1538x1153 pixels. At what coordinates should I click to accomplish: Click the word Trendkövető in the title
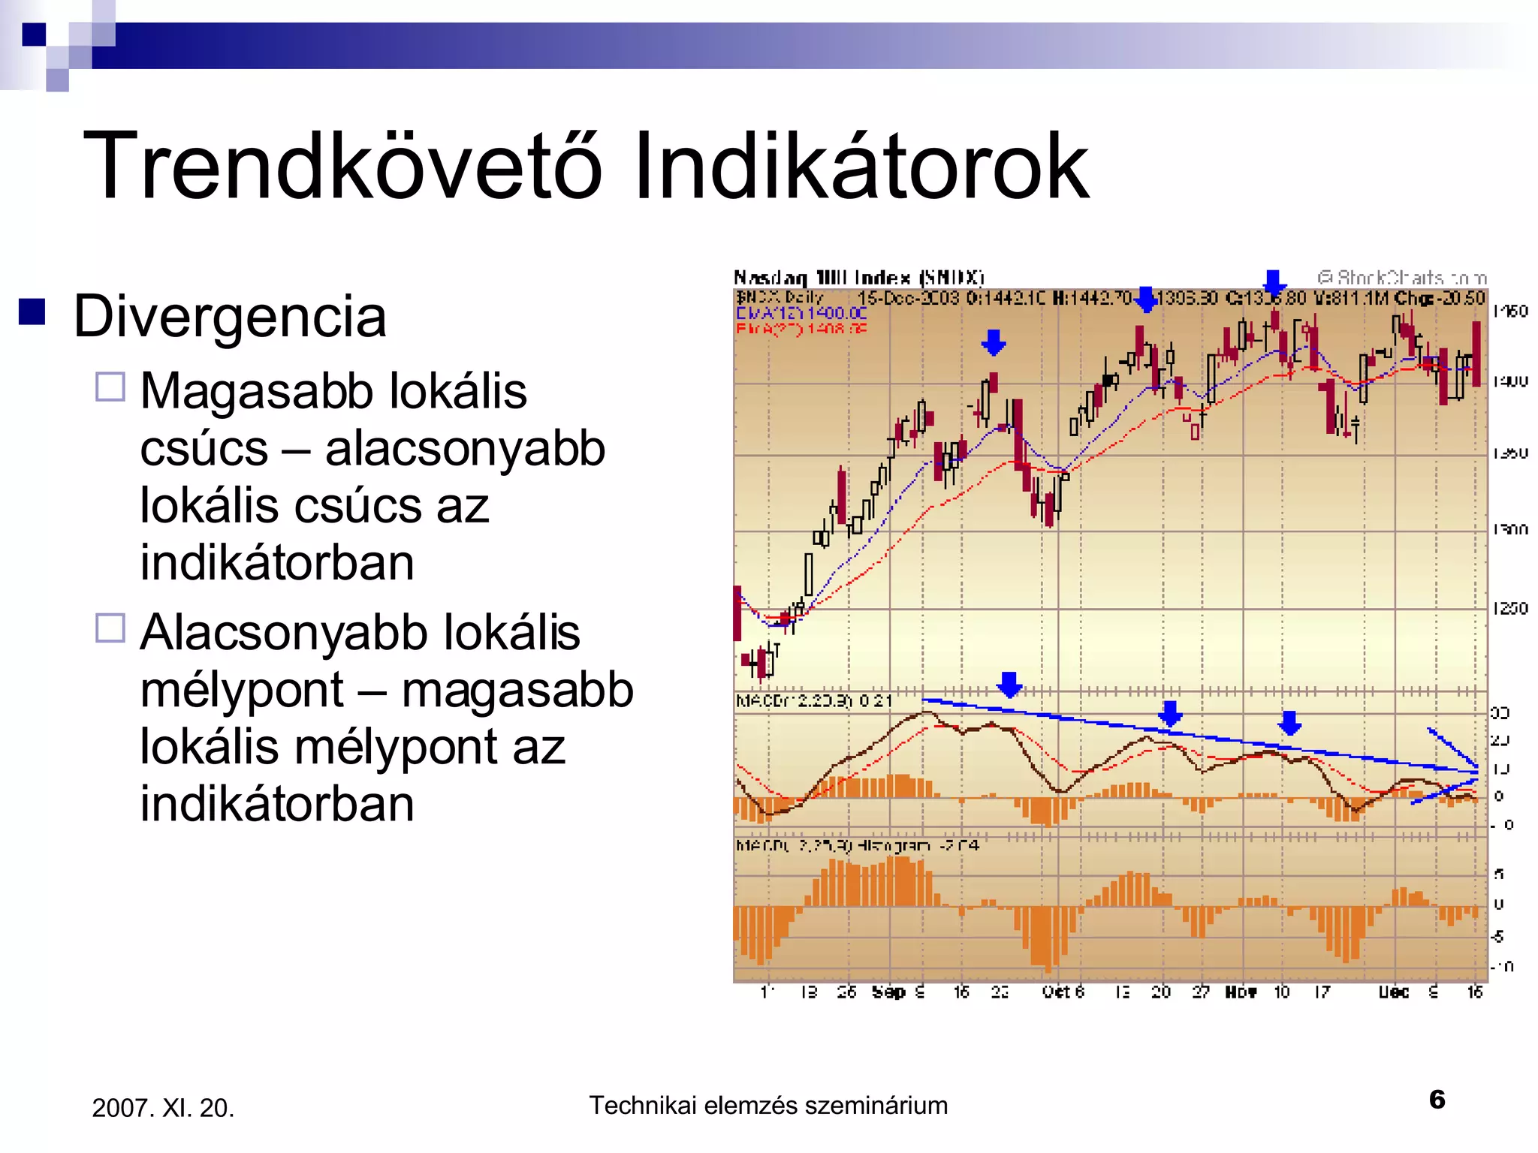pyautogui.click(x=342, y=167)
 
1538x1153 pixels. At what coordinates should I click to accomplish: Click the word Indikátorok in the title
pyautogui.click(x=860, y=167)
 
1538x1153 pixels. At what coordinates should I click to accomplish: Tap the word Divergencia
pyautogui.click(x=230, y=317)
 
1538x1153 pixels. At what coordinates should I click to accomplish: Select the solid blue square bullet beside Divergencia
pyautogui.click(x=32, y=312)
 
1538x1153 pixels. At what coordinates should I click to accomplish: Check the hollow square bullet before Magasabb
pyautogui.click(x=110, y=387)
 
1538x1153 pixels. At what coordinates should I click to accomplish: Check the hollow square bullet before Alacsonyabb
pyautogui.click(x=110, y=628)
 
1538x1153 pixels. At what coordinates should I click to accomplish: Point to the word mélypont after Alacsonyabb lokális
pyautogui.click(x=242, y=690)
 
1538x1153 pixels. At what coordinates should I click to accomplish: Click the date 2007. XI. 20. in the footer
pyautogui.click(x=163, y=1108)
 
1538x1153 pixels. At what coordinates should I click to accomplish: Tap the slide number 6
pyautogui.click(x=1437, y=1100)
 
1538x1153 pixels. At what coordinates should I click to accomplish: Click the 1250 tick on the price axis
pyautogui.click(x=1509, y=608)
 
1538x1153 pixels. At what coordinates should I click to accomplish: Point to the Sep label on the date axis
pyautogui.click(x=888, y=992)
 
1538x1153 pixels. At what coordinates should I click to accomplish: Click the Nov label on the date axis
pyautogui.click(x=1241, y=992)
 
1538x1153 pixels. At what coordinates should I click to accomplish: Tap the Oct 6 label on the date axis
pyautogui.click(x=1063, y=992)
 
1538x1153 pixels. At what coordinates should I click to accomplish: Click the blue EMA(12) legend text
pyautogui.click(x=801, y=313)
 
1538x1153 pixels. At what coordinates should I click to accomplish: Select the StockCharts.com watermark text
pyautogui.click(x=1401, y=278)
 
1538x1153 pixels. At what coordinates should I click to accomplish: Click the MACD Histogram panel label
pyautogui.click(x=856, y=846)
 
